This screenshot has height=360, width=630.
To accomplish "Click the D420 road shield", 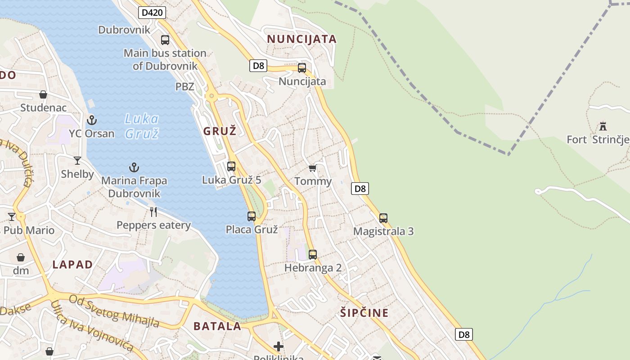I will [x=152, y=13].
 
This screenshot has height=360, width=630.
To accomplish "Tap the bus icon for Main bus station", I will [x=165, y=40].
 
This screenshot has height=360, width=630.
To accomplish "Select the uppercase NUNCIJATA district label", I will [x=301, y=39].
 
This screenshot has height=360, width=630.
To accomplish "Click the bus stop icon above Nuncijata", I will [x=302, y=68].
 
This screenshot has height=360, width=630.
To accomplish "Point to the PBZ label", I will [x=185, y=86].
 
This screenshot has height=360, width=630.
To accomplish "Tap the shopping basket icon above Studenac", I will [x=43, y=94].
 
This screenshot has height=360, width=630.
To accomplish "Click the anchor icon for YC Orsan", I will [x=92, y=120].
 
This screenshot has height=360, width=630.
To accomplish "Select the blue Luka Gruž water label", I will [x=142, y=126].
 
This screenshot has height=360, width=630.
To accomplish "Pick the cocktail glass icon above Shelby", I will [x=77, y=160].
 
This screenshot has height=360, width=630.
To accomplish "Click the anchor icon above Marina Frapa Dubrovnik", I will [x=134, y=167].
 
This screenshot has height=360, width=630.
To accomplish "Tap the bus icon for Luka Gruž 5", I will [x=231, y=166].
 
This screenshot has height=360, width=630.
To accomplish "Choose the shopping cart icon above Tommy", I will [x=313, y=168].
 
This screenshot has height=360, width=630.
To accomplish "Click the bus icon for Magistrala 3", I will [x=383, y=218].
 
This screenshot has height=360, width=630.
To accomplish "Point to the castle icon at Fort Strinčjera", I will [x=603, y=126].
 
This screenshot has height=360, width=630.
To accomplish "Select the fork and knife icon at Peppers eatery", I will [x=153, y=211].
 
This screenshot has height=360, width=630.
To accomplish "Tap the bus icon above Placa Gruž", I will [x=252, y=216].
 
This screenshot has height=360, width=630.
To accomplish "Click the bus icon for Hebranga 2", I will [x=313, y=255].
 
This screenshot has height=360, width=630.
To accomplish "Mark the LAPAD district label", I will [x=72, y=265].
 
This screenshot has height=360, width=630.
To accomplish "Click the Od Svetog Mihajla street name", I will [x=114, y=310].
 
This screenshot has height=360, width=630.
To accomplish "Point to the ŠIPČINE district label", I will [x=364, y=313].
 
